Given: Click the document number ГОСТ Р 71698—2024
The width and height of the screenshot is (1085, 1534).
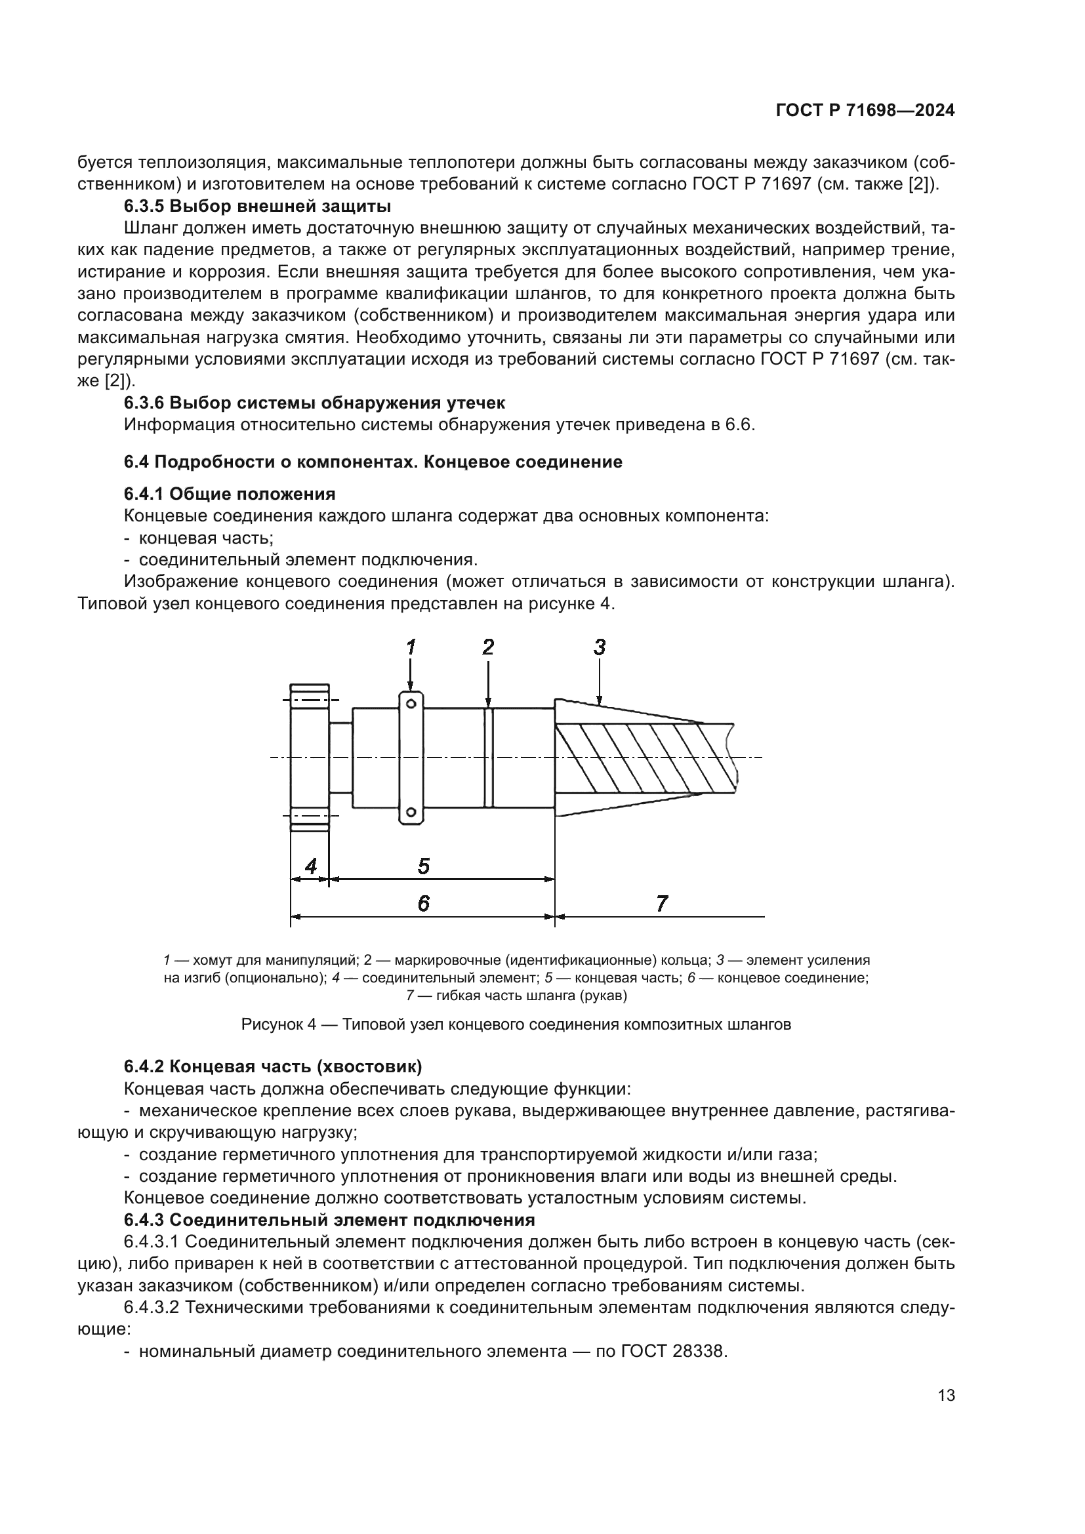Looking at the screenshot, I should pos(865,110).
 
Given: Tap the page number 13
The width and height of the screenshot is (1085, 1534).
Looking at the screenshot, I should pos(946,1396).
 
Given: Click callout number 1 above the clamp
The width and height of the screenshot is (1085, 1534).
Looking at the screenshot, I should pos(411,647).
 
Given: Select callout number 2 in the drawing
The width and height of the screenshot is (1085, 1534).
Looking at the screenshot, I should pos(489,647).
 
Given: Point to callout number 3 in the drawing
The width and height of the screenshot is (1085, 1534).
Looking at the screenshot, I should pos(600,647).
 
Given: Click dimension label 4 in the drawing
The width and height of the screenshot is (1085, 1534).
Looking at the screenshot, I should pos(311,866).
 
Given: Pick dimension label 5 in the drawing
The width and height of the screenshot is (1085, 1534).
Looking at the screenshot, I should pos(424,866).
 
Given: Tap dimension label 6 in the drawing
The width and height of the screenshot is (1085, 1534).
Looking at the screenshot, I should pos(424,903).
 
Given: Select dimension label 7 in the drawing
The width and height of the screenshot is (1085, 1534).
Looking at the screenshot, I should pos(661,903).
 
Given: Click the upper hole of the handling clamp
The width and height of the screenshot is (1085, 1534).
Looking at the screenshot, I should pos(411,704).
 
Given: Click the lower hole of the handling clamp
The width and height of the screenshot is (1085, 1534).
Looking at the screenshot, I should pos(411,813).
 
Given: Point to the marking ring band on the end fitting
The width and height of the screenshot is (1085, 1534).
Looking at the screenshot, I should pos(489,757).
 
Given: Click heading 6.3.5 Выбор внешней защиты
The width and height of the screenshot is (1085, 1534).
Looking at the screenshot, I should pos(257,206).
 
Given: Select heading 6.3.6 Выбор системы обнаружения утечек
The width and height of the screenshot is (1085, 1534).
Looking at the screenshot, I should pos(314,403).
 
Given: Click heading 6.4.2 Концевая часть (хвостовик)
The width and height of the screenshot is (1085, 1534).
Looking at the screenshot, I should pos(273,1067).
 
